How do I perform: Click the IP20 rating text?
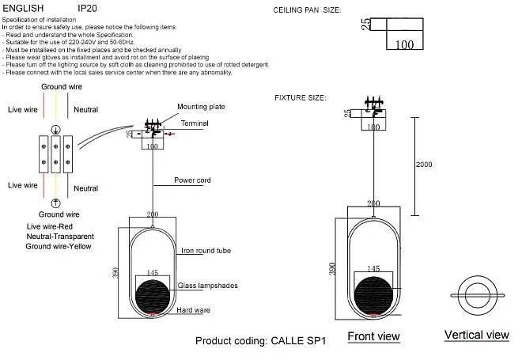[87, 8]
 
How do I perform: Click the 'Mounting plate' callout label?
[201, 107]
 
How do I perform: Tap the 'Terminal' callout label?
[195, 123]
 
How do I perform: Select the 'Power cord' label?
[192, 180]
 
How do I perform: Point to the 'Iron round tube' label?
[206, 251]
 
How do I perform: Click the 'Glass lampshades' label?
[208, 286]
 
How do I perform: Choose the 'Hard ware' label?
[194, 310]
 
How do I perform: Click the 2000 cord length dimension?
[424, 165]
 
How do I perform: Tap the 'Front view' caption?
[373, 336]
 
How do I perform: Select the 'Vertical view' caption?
[477, 335]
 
